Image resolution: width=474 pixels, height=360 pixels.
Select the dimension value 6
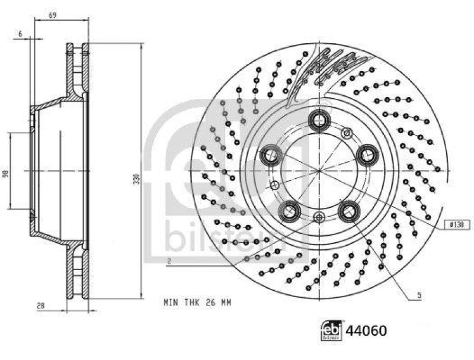click(20, 34)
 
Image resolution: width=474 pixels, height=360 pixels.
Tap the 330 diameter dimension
click(136, 178)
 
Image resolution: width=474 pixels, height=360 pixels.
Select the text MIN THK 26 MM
click(197, 303)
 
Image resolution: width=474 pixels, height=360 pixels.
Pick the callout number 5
click(419, 294)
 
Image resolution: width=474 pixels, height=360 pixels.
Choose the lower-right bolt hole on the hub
click(348, 209)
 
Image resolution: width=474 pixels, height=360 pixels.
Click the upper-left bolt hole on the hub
click(272, 156)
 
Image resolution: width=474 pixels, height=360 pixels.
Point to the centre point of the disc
click(319, 171)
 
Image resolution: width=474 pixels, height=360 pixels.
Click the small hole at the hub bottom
click(319, 217)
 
